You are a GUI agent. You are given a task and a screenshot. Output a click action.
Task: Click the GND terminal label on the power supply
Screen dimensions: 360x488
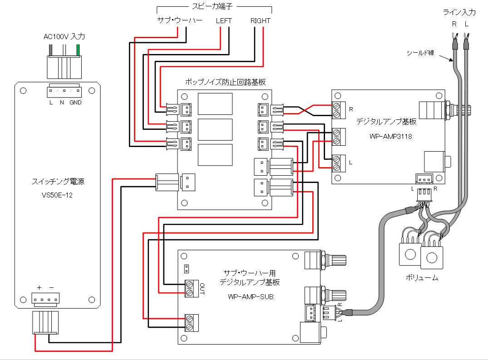[x=76, y=103]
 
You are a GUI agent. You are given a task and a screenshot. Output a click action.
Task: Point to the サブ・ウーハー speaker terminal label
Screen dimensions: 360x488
[x=179, y=21]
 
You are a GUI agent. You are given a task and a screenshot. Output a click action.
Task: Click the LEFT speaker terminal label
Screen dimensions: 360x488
[x=224, y=21]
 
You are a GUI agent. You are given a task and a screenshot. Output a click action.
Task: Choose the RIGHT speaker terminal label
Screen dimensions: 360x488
[x=260, y=21]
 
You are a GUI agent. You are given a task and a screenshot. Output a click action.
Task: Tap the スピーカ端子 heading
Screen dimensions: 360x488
[x=214, y=7]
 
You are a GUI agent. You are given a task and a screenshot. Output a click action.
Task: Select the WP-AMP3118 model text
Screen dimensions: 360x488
[x=388, y=136]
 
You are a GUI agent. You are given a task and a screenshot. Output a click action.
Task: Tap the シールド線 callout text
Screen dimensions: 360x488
[x=421, y=53]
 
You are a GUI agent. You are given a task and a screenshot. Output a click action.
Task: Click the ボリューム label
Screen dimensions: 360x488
[x=422, y=277]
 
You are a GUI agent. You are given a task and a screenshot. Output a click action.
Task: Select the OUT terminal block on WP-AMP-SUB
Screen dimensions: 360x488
[x=192, y=288]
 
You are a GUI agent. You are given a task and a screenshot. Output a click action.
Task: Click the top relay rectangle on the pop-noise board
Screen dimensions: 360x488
[x=216, y=104]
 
